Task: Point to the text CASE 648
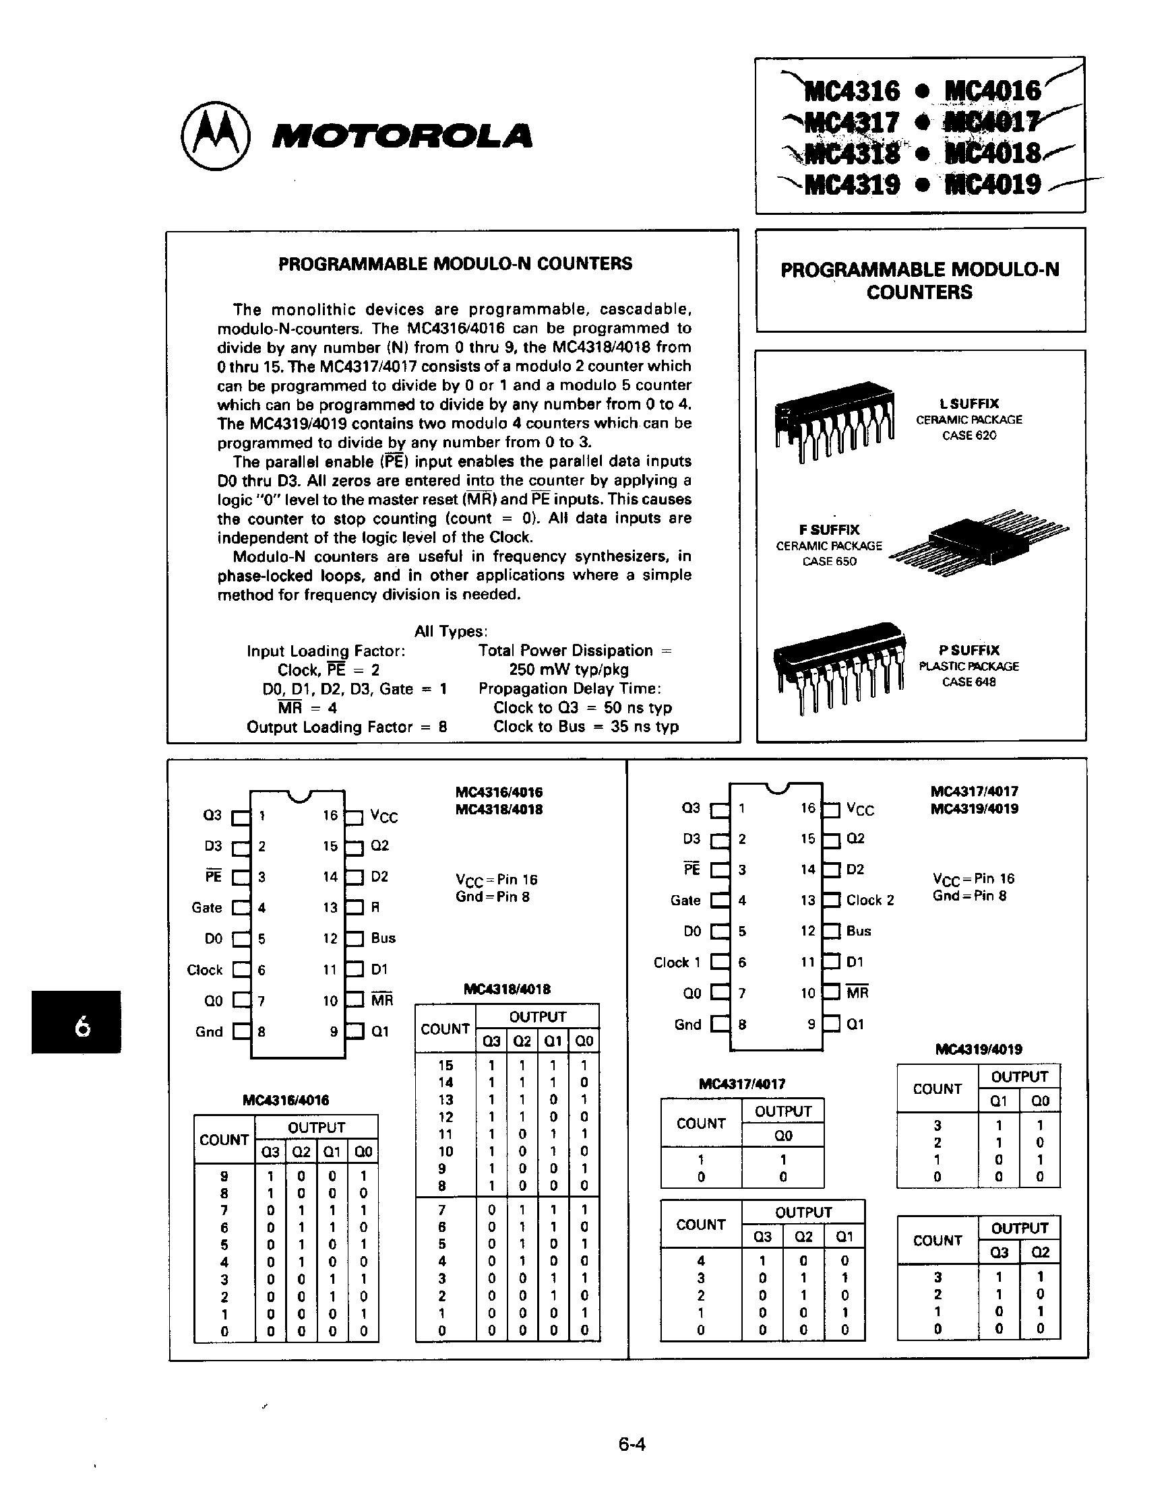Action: (968, 682)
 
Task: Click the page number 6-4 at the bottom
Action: (632, 1443)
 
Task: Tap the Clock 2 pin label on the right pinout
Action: (870, 901)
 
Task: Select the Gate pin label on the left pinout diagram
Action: (207, 908)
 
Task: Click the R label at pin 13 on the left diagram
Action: (375, 907)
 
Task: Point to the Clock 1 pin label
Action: (677, 963)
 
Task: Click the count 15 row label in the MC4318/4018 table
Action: (445, 1066)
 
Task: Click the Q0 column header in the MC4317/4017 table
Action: (782, 1136)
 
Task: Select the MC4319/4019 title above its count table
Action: (979, 1049)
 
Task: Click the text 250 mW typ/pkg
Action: (568, 670)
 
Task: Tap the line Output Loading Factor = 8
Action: (347, 727)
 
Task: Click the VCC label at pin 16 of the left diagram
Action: (383, 816)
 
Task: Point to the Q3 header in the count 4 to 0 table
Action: (762, 1237)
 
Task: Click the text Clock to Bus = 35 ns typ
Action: (586, 727)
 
